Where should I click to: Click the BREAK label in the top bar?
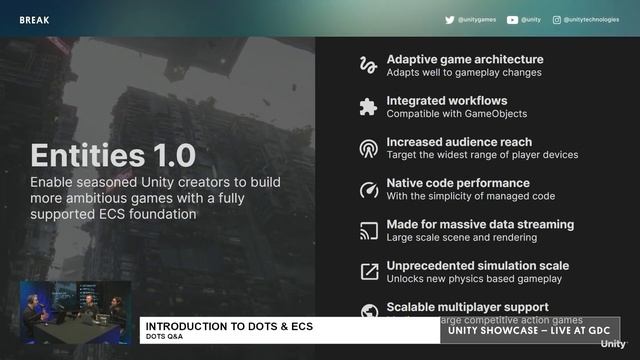click(x=34, y=19)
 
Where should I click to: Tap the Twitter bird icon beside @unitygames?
click(x=450, y=19)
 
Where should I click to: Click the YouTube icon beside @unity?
click(x=512, y=19)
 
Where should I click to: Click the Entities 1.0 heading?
click(x=113, y=156)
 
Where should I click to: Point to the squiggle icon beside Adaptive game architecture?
click(x=367, y=65)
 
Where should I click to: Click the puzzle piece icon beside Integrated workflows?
click(x=367, y=107)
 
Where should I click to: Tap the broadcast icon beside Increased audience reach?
click(x=367, y=148)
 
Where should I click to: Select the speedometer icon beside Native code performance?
click(x=367, y=189)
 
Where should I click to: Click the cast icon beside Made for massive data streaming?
click(x=367, y=231)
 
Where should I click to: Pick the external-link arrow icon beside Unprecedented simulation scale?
click(x=367, y=272)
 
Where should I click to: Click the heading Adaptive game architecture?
click(x=465, y=59)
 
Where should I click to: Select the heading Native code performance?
click(x=458, y=183)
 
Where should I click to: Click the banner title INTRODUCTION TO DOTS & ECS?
click(x=228, y=327)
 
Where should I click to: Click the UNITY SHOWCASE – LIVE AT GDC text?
click(x=529, y=331)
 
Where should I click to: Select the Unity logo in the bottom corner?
click(x=613, y=344)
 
